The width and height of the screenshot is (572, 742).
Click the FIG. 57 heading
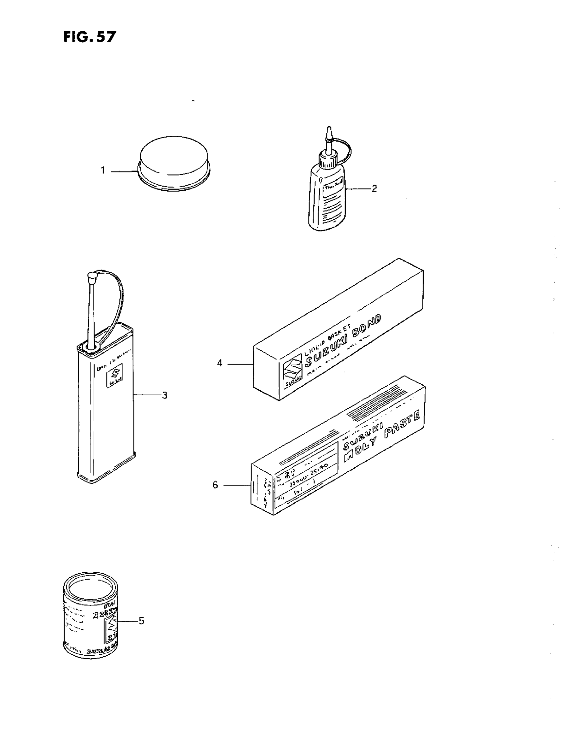pos(90,37)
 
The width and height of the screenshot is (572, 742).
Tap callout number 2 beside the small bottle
pos(374,188)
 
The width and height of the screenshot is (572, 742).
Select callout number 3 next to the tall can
pos(165,395)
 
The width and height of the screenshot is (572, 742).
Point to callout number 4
pos(220,363)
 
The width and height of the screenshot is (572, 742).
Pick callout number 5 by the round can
pos(141,621)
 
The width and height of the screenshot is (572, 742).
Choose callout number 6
pos(215,485)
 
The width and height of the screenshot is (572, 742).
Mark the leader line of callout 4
pos(241,364)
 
